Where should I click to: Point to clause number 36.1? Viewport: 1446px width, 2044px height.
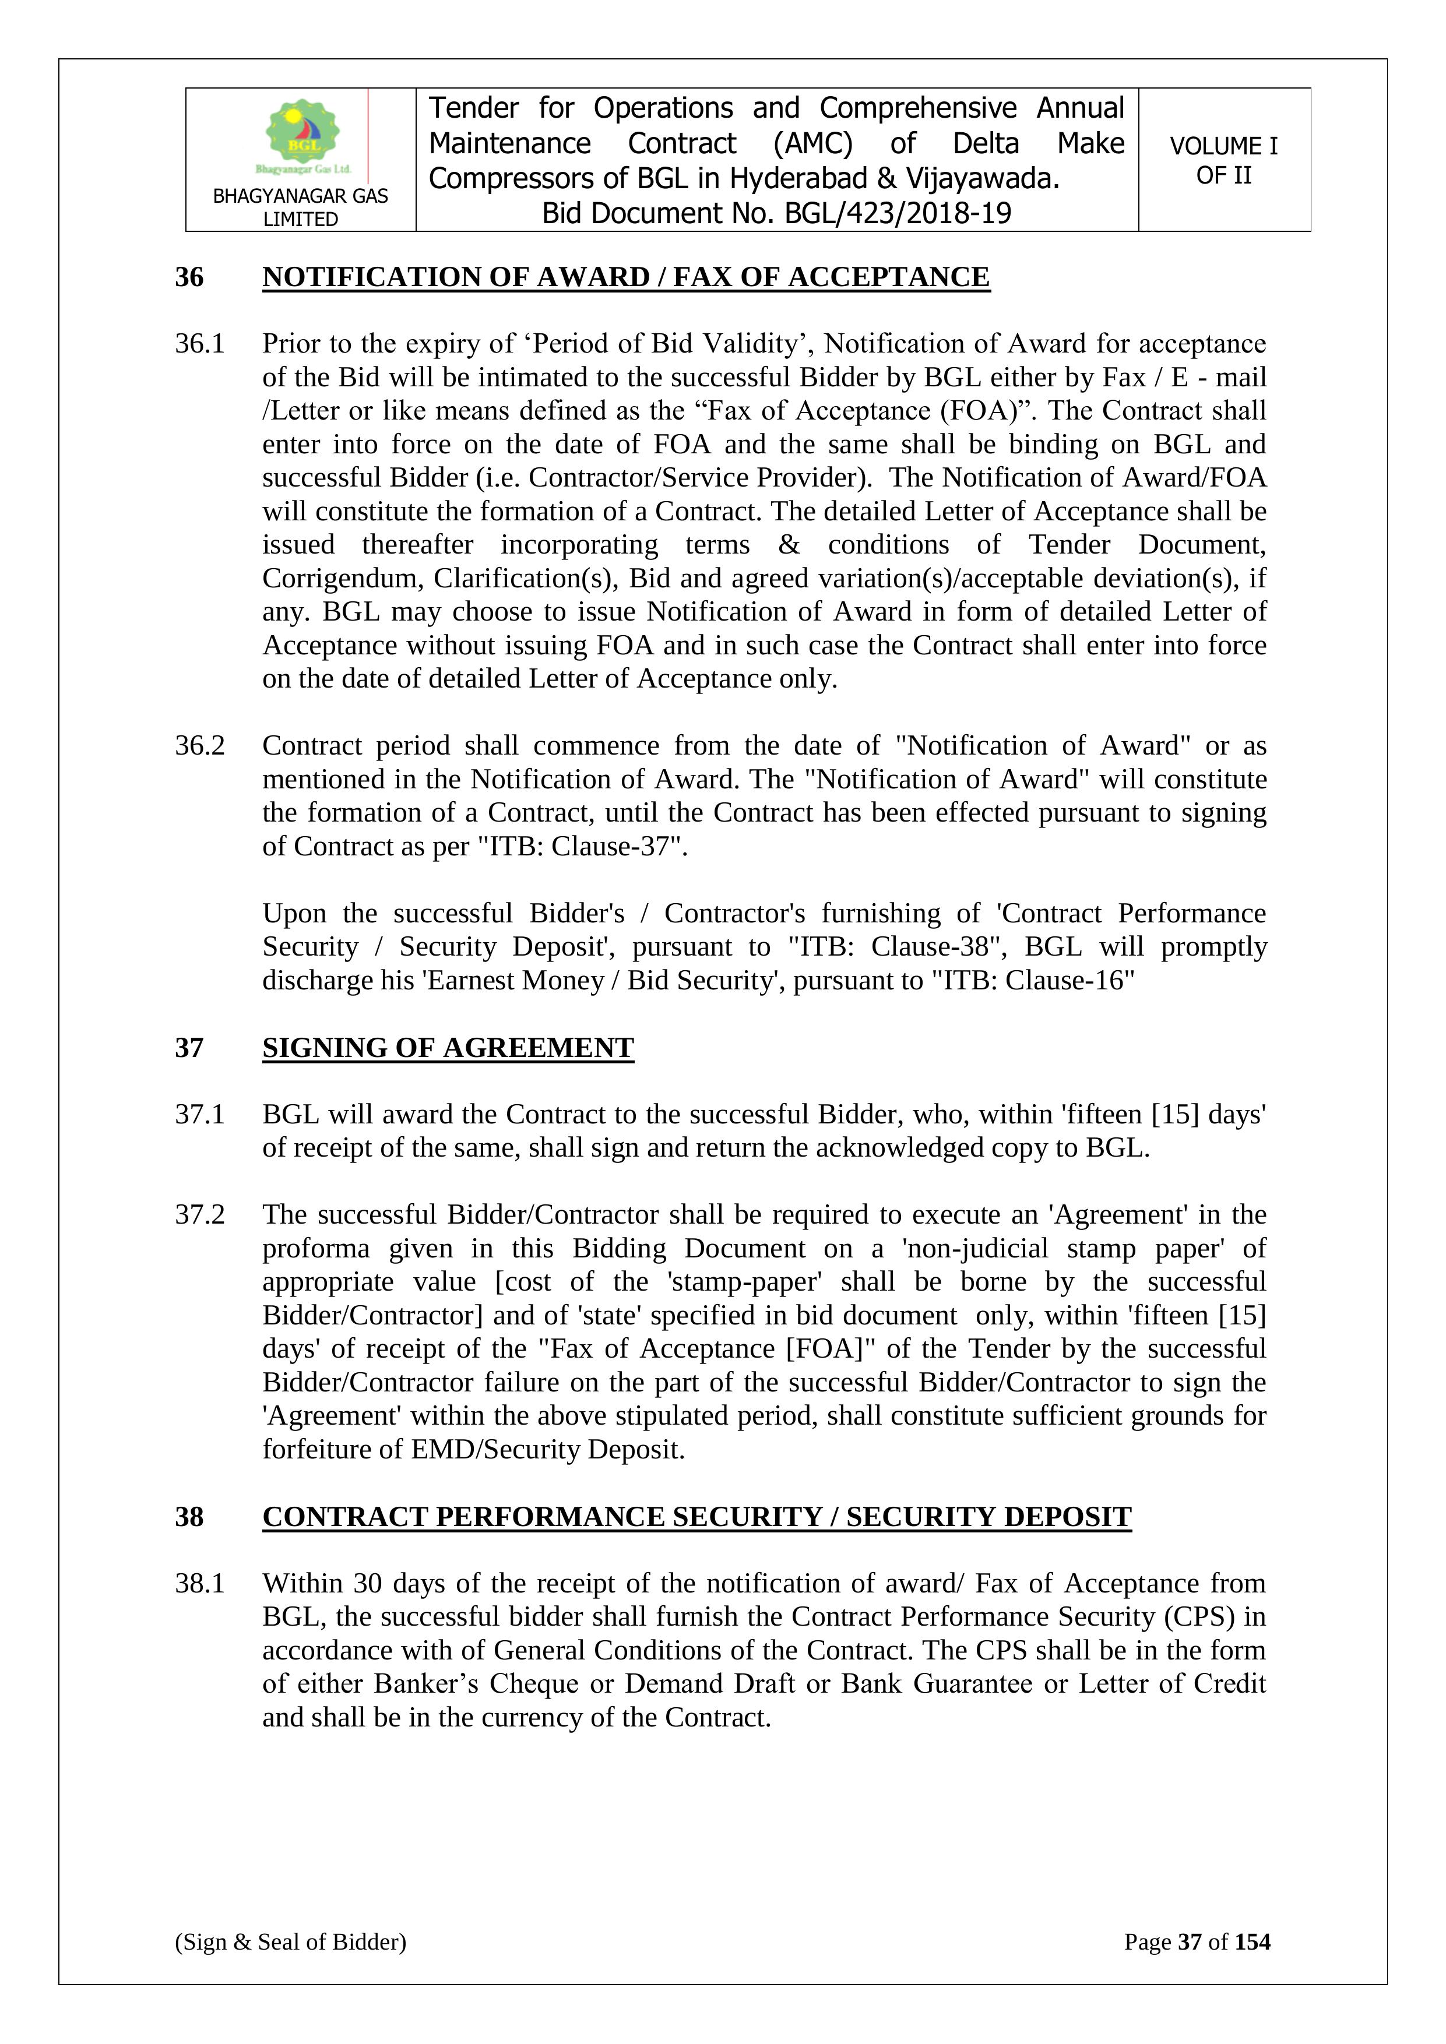click(x=199, y=344)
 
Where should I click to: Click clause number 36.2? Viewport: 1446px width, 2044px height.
click(x=199, y=745)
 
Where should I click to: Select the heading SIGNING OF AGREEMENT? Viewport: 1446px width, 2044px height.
click(x=448, y=1048)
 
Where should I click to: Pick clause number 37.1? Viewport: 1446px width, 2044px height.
click(x=199, y=1115)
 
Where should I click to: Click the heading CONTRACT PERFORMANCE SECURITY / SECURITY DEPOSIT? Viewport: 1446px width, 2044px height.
click(x=696, y=1516)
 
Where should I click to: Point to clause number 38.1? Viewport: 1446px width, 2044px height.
click(x=199, y=1583)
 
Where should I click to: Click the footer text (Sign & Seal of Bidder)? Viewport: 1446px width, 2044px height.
click(x=290, y=1941)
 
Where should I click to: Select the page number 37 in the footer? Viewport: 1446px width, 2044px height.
click(x=1190, y=1941)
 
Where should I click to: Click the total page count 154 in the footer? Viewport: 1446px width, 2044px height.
click(x=1252, y=1941)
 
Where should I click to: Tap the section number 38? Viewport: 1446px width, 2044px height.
click(x=189, y=1516)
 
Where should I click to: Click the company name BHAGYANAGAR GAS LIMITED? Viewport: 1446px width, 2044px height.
click(x=300, y=207)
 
